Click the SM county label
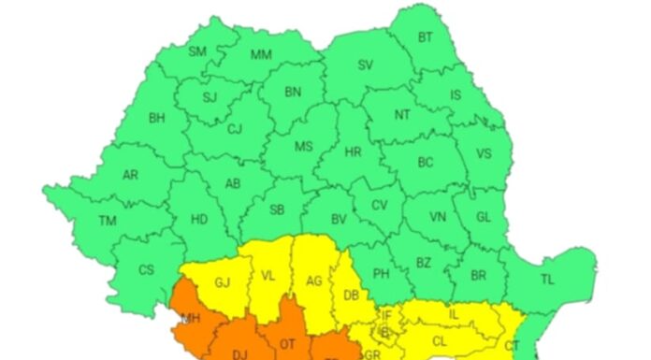pos(197,51)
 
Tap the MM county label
pos(261,54)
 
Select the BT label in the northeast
pos(426,37)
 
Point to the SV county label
pos(366,65)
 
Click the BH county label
pos(156,118)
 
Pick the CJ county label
pos(235,130)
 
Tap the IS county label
pos(456,94)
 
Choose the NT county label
pos(402,115)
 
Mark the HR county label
pos(353,151)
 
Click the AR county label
pos(131,175)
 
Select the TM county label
pos(108,222)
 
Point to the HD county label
pos(199,220)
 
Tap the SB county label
pos(277,210)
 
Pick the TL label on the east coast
pos(547,279)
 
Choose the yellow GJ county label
pos(223,282)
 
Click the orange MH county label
pos(191,320)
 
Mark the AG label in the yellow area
pos(315,280)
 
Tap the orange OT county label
pos(288,344)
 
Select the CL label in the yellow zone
pos(439,342)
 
